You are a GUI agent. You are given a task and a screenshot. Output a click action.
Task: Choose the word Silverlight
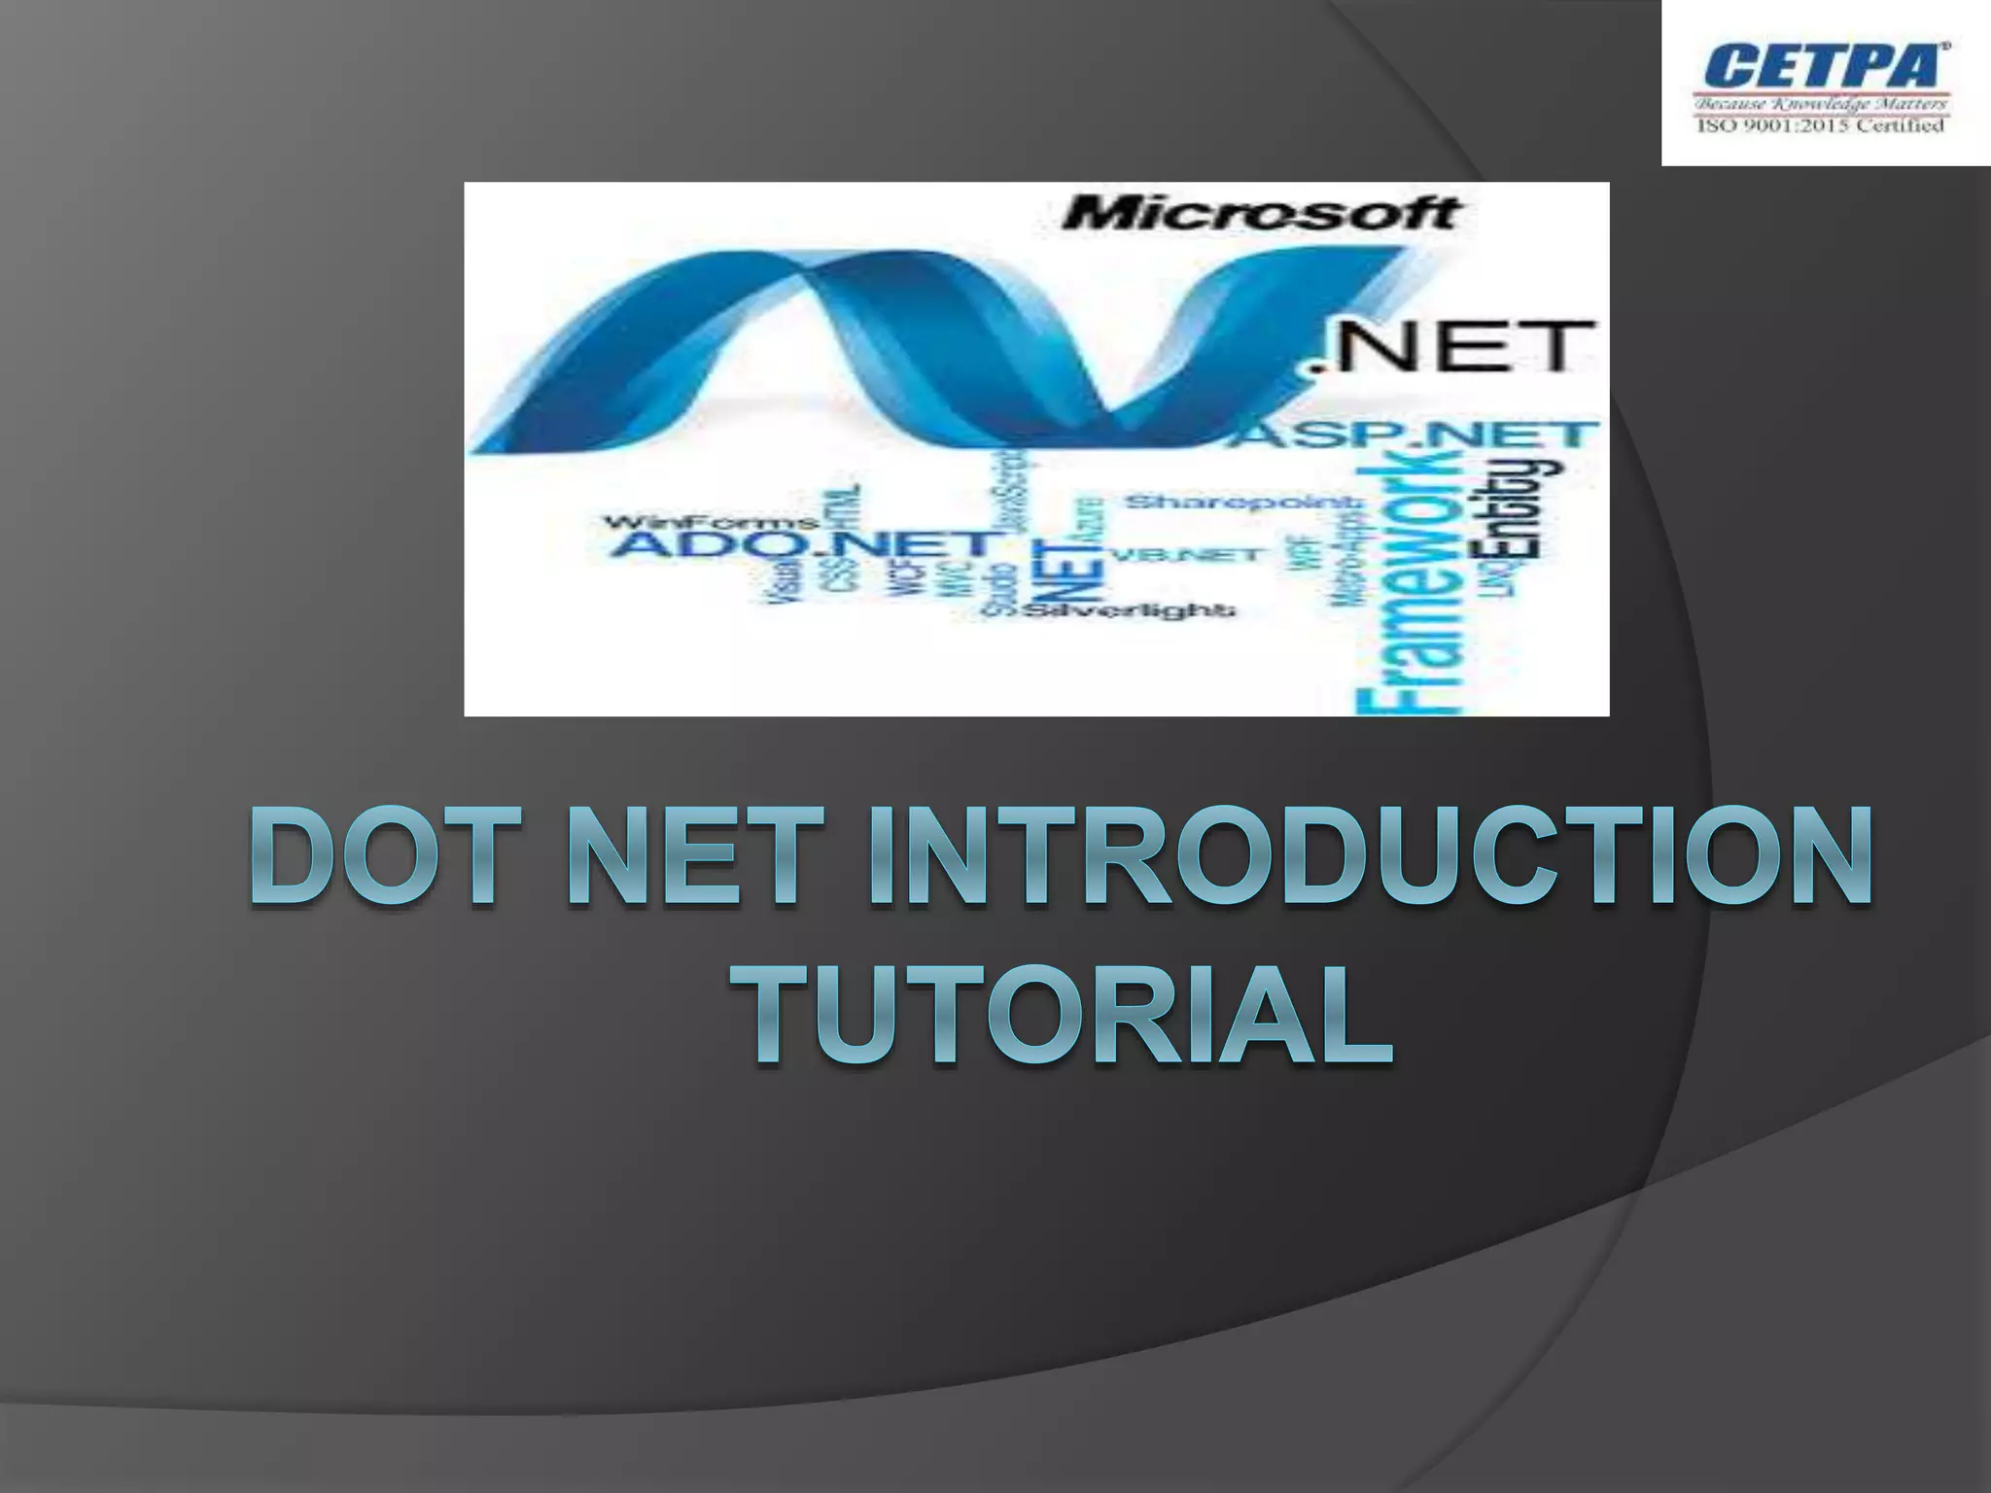coord(1128,610)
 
